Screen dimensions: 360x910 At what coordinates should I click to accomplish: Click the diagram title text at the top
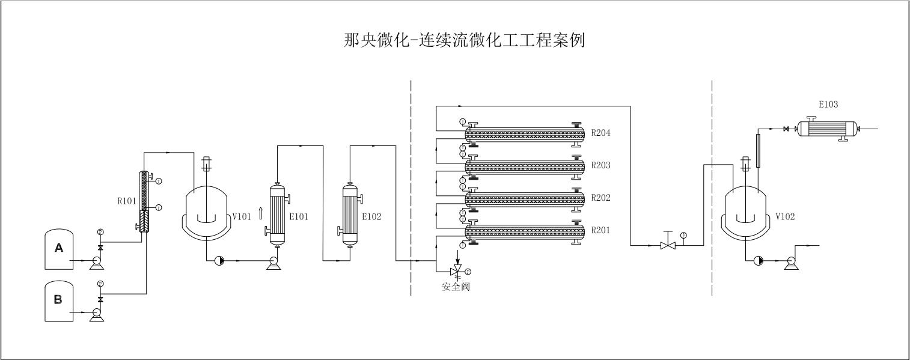tap(463, 40)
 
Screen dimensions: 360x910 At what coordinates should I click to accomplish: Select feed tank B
tap(58, 301)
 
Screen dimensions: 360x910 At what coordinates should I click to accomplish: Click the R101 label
tap(126, 201)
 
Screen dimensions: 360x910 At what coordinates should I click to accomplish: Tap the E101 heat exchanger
tap(277, 215)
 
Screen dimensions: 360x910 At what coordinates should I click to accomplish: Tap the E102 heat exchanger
tap(350, 215)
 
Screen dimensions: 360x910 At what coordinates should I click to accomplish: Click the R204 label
tap(601, 133)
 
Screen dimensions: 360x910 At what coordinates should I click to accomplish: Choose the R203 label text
tap(601, 165)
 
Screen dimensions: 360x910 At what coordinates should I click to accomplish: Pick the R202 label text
tap(601, 198)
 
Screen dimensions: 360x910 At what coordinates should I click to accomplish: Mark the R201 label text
tap(601, 230)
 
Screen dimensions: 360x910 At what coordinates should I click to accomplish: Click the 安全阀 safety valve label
tap(456, 287)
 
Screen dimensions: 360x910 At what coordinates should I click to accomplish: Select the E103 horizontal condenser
tap(827, 128)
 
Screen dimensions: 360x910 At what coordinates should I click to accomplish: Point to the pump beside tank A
tap(94, 262)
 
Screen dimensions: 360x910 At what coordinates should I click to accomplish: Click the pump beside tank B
tap(95, 314)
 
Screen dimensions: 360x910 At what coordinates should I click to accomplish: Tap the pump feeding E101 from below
tap(272, 262)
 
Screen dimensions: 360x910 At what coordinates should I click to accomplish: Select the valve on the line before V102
tap(667, 245)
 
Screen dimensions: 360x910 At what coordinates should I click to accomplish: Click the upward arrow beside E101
tap(260, 213)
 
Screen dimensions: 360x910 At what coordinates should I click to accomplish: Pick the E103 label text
tap(828, 105)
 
